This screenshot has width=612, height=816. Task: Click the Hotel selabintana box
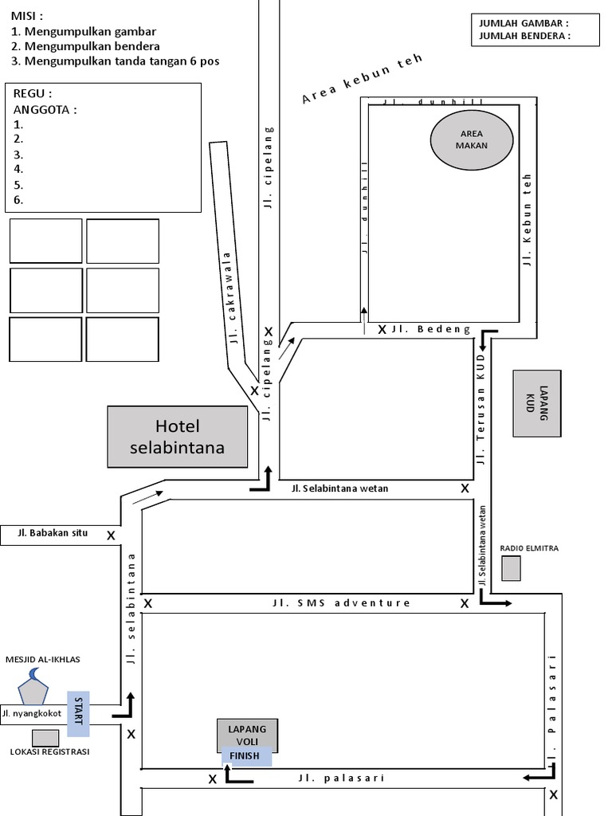click(178, 437)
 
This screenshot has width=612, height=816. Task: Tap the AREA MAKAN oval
click(471, 139)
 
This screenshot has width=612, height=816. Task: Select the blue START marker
click(78, 712)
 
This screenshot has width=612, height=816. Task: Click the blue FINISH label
click(245, 756)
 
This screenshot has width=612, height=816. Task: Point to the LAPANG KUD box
click(538, 403)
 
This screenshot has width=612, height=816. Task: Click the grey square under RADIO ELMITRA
click(511, 568)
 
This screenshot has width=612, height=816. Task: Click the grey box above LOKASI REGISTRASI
click(45, 738)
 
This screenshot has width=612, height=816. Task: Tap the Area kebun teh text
click(362, 80)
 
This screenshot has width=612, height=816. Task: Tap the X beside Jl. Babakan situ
click(111, 536)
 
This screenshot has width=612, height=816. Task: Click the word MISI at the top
click(27, 16)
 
